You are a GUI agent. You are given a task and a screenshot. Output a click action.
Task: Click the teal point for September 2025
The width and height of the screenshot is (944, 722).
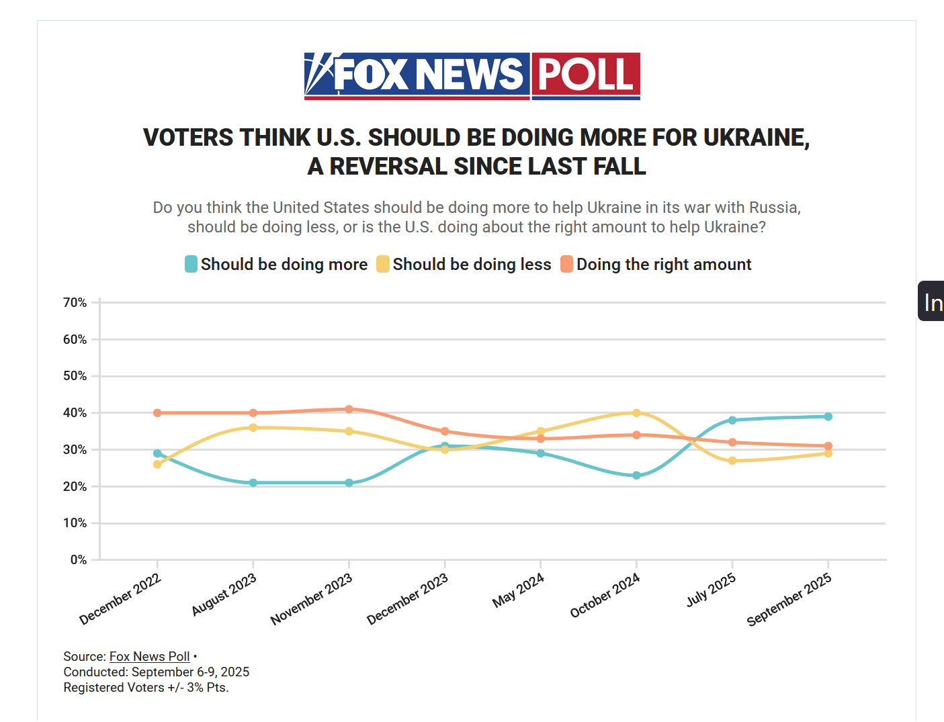click(x=828, y=416)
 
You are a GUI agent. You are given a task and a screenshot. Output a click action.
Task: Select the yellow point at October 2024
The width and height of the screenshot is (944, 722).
click(x=636, y=413)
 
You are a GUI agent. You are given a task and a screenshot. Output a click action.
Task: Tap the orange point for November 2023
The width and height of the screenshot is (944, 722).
click(x=349, y=409)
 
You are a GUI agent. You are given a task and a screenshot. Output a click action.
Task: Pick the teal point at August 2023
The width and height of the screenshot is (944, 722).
click(x=253, y=483)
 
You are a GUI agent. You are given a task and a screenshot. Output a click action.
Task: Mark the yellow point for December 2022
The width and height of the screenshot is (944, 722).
click(x=157, y=464)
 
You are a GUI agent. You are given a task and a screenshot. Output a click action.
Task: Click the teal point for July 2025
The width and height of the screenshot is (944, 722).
click(x=732, y=420)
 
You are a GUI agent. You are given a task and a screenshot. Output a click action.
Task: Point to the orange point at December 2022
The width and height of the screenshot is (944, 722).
click(x=157, y=413)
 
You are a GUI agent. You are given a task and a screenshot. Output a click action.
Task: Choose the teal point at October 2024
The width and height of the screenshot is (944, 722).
click(x=636, y=476)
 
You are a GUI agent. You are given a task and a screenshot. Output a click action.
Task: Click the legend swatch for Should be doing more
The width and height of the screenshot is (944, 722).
click(x=191, y=264)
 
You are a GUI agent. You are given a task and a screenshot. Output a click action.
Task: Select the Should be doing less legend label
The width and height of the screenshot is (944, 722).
click(x=472, y=265)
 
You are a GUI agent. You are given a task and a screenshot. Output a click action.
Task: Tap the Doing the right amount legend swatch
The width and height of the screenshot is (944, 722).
click(x=567, y=264)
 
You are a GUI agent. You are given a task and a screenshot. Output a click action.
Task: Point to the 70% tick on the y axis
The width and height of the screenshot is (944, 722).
click(x=95, y=303)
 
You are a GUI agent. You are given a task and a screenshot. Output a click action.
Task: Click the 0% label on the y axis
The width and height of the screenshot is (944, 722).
click(x=79, y=560)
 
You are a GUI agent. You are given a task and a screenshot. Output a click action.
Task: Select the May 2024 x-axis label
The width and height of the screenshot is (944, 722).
click(x=518, y=590)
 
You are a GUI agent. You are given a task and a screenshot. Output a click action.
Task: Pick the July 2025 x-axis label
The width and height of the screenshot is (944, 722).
click(x=711, y=589)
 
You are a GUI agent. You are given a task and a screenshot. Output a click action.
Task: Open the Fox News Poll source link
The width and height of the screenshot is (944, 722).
click(x=150, y=657)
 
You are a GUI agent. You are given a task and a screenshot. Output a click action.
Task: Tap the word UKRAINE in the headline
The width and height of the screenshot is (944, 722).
click(x=755, y=138)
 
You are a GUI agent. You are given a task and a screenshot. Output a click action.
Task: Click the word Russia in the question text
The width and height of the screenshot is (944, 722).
click(x=773, y=208)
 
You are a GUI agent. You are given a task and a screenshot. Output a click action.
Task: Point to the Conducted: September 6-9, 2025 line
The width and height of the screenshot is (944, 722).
click(x=157, y=672)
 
